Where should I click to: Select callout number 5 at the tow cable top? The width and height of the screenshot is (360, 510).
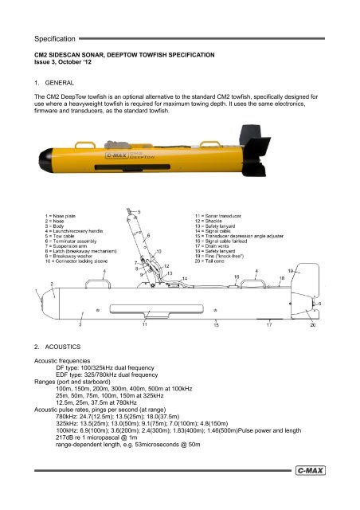pyautogui.click(x=140, y=211)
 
